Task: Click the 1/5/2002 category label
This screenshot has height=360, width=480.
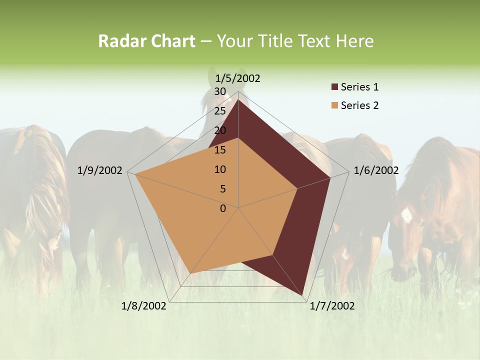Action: tap(238, 78)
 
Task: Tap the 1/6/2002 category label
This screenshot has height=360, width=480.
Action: tap(376, 170)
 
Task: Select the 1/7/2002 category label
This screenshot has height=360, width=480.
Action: tap(332, 306)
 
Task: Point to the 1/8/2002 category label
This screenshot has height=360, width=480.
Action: tap(144, 306)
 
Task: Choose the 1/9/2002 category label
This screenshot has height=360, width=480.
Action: tap(100, 170)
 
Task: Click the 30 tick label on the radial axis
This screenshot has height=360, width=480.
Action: tap(220, 91)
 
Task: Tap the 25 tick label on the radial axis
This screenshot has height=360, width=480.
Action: tap(220, 111)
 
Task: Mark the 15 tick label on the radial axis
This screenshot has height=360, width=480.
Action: tap(220, 150)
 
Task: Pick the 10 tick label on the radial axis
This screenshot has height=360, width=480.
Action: tap(220, 169)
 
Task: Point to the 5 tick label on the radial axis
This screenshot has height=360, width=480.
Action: tap(222, 189)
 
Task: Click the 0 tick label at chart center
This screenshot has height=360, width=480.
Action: tap(223, 208)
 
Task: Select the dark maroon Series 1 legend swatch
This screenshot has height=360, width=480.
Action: tap(334, 87)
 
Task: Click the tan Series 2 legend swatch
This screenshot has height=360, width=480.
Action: tap(334, 105)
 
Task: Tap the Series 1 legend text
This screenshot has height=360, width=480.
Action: tap(359, 87)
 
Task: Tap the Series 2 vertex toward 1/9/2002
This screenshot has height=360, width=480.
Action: tap(134, 174)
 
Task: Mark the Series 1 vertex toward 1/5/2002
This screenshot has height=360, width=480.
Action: tap(238, 99)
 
